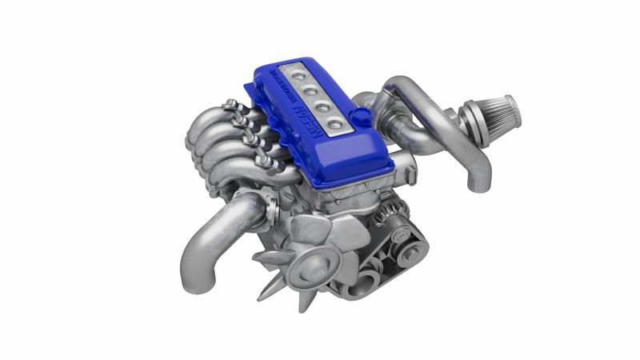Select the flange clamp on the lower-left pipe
click(270, 207)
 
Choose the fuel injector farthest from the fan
click(233, 106)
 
